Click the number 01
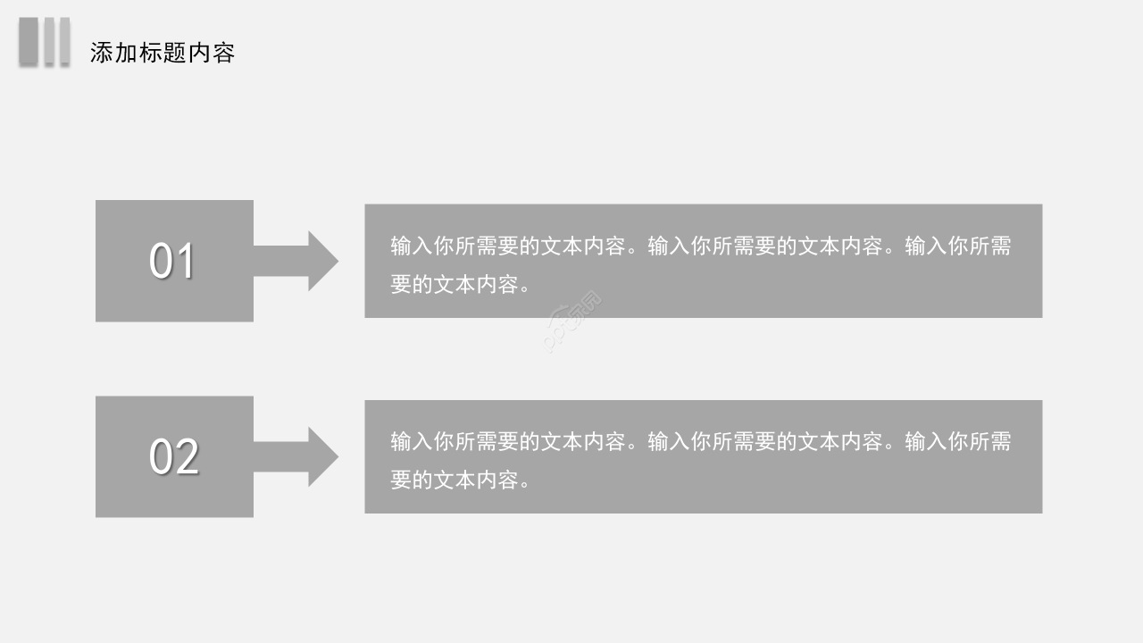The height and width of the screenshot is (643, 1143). click(171, 262)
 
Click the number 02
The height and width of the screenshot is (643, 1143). click(173, 457)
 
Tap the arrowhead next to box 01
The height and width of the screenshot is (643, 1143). click(322, 261)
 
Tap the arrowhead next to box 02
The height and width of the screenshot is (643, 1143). click(322, 456)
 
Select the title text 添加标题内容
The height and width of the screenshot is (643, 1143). click(163, 53)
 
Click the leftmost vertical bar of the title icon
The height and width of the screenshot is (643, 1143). click(29, 41)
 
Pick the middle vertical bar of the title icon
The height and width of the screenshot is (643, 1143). click(50, 41)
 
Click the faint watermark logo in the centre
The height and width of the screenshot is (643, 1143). click(572, 321)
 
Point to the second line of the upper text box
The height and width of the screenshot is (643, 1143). click(461, 285)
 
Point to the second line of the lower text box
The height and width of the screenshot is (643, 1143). click(461, 480)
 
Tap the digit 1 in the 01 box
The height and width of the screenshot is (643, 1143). click(185, 262)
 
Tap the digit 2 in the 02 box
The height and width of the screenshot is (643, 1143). click(187, 457)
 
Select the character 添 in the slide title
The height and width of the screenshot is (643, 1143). click(101, 53)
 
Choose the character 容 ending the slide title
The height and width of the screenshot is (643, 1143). click(224, 53)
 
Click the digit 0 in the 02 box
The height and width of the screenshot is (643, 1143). click(161, 457)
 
